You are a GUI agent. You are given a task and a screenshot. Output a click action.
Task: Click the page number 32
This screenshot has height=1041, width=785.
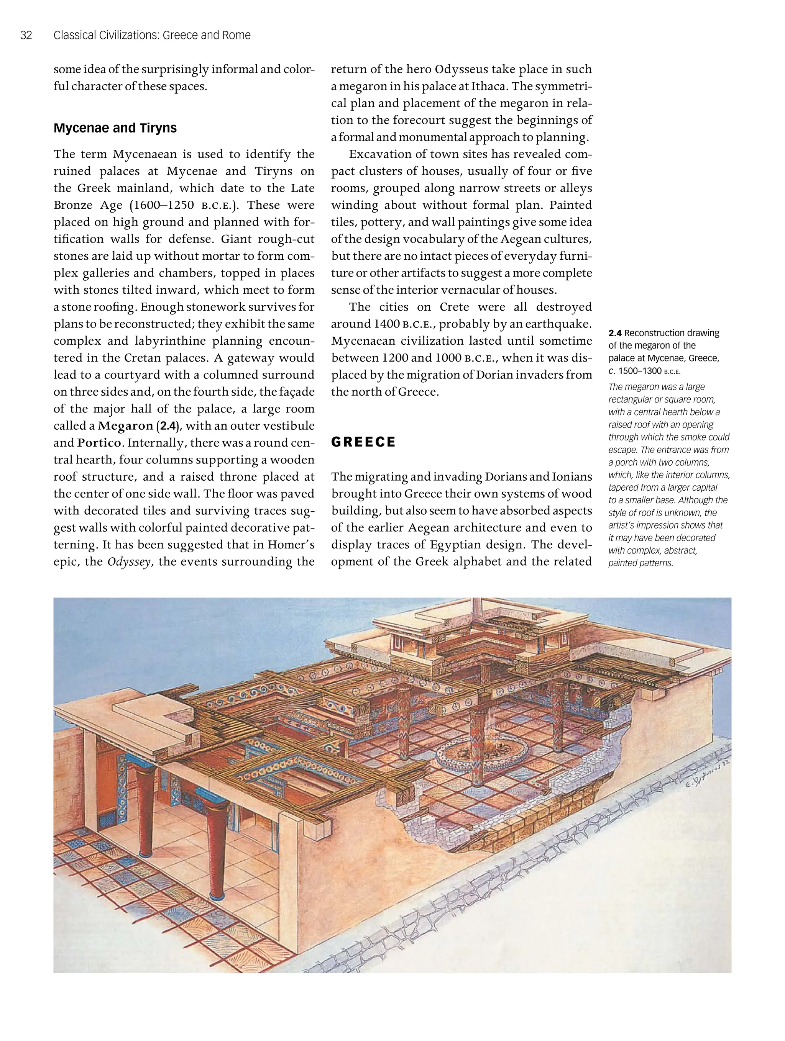tap(26, 35)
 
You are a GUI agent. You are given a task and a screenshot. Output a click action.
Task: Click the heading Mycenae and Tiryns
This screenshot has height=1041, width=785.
tap(115, 128)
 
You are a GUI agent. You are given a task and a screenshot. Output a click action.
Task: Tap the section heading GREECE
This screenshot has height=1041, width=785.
tap(363, 442)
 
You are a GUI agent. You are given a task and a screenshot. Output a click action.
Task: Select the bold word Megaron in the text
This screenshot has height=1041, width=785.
tap(125, 426)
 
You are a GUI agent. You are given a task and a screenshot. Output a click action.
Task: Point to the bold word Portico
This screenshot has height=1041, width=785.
tap(99, 443)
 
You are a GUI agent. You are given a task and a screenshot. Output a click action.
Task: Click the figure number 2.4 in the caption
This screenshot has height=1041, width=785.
tap(614, 333)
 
